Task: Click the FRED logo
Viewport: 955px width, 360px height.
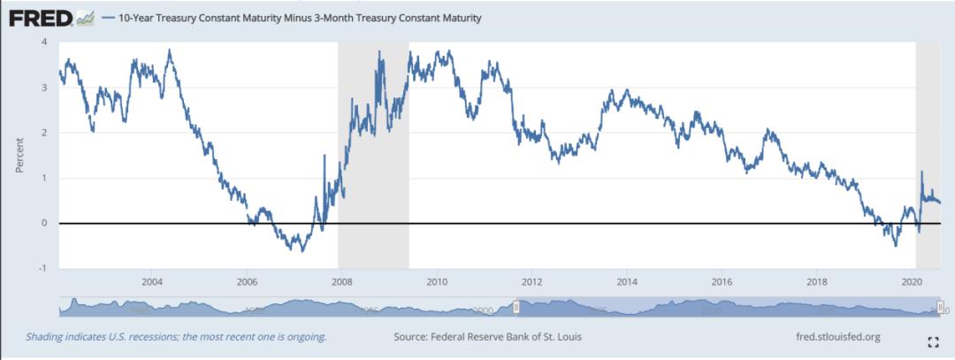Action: tap(40, 18)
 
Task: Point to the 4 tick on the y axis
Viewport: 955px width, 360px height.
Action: tap(45, 42)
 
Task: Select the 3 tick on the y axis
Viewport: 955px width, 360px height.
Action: tap(45, 88)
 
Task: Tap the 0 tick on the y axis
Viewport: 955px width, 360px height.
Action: tap(45, 223)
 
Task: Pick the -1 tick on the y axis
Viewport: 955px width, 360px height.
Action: tap(43, 268)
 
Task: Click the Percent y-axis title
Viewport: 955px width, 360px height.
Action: tap(19, 155)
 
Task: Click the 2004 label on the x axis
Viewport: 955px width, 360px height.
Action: tap(152, 282)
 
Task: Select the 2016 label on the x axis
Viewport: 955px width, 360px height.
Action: tap(722, 282)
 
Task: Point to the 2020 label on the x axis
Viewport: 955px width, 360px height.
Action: tap(912, 282)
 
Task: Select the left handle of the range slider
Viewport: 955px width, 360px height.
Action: tap(516, 306)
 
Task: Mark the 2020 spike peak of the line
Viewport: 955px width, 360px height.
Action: tap(921, 172)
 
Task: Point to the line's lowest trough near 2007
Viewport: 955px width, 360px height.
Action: tap(302, 251)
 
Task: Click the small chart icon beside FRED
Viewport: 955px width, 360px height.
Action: tap(86, 18)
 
